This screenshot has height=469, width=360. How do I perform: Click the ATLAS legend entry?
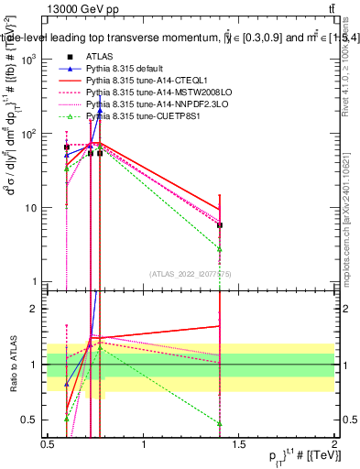pyautogui.click(x=99, y=56)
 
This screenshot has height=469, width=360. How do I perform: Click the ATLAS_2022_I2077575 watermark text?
pyautogui.click(x=191, y=274)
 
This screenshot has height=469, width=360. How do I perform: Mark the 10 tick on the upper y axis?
pyautogui.click(x=32, y=208)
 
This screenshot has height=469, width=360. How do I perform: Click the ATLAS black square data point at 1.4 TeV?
pyautogui.click(x=220, y=224)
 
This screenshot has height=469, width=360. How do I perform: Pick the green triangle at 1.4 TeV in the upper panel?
pyautogui.click(x=220, y=248)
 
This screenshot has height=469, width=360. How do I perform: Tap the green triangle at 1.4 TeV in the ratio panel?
pyautogui.click(x=220, y=423)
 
